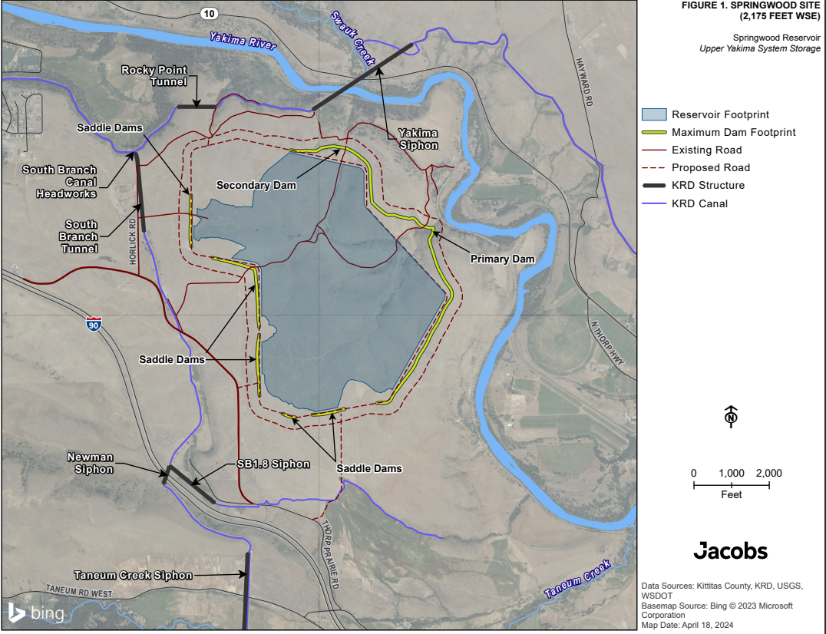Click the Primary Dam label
tap(502, 259)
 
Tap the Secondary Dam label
tap(256, 185)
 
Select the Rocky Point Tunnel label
tap(154, 76)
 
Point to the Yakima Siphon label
tap(418, 139)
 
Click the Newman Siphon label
tap(90, 464)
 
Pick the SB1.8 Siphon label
tap(273, 464)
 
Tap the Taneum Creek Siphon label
tap(133, 575)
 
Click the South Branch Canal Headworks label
tap(59, 182)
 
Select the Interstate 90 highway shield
tap(93, 325)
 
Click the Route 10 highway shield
tap(209, 13)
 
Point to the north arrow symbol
tap(731, 416)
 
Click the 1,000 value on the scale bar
tap(731, 473)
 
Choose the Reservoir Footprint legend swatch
tap(653, 114)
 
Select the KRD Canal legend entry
tap(698, 203)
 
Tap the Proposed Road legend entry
tap(710, 167)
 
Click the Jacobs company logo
tap(730, 550)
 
